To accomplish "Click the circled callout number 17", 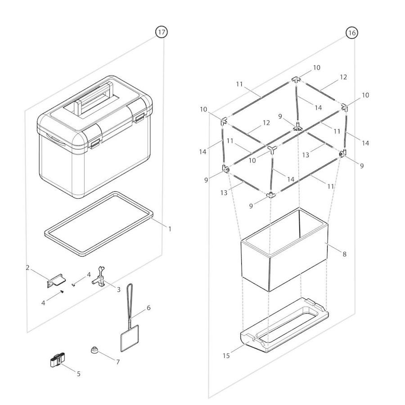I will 161,32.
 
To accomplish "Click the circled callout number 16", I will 352,32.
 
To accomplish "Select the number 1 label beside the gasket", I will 170,229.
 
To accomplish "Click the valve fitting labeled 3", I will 100,280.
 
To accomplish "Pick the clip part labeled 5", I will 58,361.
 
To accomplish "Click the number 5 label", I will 78,373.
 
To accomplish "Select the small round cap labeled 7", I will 94,350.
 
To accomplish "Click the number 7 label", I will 118,362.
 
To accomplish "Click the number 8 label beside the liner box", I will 344,254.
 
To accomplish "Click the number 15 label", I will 226,355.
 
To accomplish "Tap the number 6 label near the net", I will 148,308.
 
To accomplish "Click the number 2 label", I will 28,268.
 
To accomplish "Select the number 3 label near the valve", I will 118,289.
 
